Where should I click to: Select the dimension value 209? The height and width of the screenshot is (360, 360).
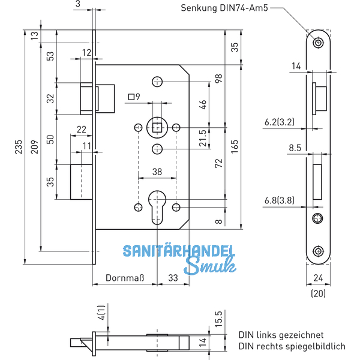pyautogui.click(x=34, y=147)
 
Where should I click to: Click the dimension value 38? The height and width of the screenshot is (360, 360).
pyautogui.click(x=157, y=172)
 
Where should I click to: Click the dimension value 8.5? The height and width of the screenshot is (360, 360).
pyautogui.click(x=295, y=148)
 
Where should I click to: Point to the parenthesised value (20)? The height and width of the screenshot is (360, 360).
pyautogui.click(x=319, y=294)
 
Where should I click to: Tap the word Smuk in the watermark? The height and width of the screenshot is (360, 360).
pyautogui.click(x=208, y=267)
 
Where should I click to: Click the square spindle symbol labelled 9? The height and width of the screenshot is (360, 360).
pyautogui.click(x=131, y=97)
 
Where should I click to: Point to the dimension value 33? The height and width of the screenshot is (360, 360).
pyautogui.click(x=173, y=278)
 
